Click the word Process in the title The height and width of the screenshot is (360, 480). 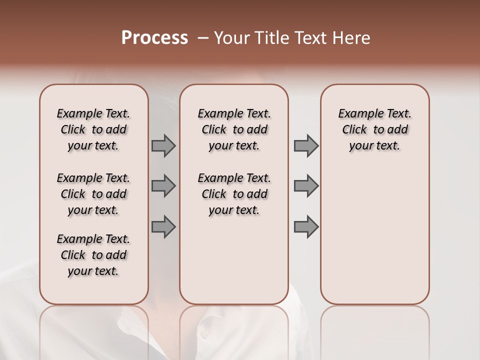point(154,38)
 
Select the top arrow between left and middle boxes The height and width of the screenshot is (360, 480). point(163,145)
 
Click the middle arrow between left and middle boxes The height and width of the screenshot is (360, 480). point(163,186)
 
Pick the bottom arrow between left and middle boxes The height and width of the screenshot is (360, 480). point(163,227)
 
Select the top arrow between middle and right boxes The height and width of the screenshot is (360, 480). point(306,145)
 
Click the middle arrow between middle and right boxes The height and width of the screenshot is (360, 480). point(306,186)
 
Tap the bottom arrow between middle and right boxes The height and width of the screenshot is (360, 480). point(306,227)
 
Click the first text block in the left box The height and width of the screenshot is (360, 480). point(93,129)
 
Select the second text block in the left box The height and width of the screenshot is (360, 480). point(93,194)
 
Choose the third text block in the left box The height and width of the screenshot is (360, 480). point(93,255)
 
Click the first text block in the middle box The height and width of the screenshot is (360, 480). point(234,129)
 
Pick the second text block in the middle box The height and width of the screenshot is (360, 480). point(234,194)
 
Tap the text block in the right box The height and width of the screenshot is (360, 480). point(374,129)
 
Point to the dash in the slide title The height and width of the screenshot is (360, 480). point(203,38)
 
